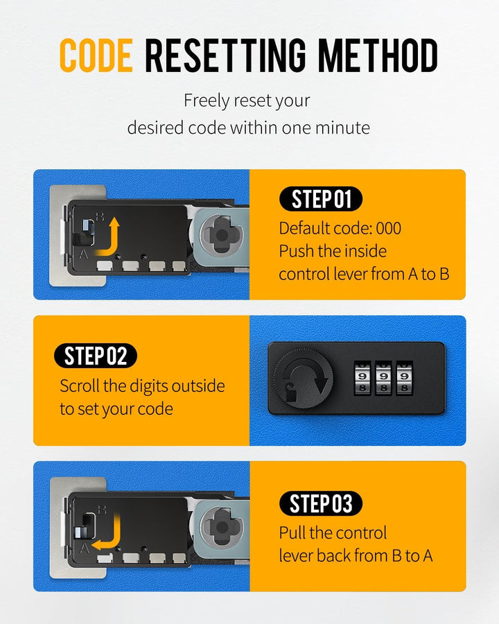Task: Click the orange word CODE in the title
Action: (x=96, y=55)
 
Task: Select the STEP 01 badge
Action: (x=321, y=199)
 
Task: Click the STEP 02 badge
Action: (x=96, y=356)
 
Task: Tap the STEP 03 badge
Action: (x=321, y=503)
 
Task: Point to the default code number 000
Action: (x=389, y=228)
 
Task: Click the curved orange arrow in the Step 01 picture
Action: (x=107, y=237)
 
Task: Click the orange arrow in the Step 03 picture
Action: (x=107, y=532)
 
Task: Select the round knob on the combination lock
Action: (x=304, y=379)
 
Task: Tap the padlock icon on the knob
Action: (x=291, y=394)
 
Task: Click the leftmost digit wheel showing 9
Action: (x=362, y=378)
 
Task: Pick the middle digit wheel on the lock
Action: (x=383, y=378)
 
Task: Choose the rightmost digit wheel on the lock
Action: (x=404, y=378)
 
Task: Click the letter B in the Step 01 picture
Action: (x=100, y=217)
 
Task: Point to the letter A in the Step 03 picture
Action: (x=85, y=549)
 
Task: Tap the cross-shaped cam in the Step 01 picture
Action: (x=222, y=235)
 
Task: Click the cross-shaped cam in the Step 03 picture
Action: (x=222, y=528)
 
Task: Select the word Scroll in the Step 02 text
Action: (x=79, y=385)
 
